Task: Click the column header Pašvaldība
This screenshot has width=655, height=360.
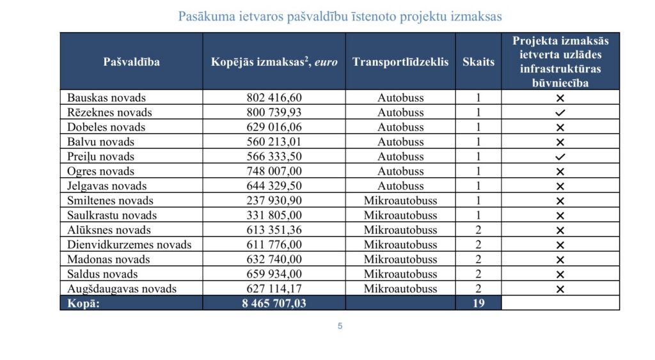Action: click(x=131, y=62)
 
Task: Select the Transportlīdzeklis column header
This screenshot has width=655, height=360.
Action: click(x=400, y=62)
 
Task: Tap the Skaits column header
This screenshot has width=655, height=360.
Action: click(x=478, y=62)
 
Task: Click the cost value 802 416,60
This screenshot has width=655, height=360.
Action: click(x=274, y=98)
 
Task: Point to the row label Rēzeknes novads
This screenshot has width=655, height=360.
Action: click(x=109, y=113)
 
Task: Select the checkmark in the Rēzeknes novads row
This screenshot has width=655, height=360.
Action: click(x=560, y=113)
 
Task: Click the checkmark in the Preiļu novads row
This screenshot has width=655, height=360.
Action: click(x=560, y=157)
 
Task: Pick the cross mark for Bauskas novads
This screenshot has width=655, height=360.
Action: click(x=560, y=98)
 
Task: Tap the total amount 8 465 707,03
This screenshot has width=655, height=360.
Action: click(x=274, y=303)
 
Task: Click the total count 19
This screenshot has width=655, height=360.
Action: click(x=478, y=303)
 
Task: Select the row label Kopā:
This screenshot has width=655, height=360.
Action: click(x=84, y=303)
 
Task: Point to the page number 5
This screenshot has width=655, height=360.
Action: click(x=340, y=326)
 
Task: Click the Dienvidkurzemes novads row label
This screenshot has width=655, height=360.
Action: click(x=129, y=244)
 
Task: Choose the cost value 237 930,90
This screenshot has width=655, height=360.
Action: click(x=274, y=201)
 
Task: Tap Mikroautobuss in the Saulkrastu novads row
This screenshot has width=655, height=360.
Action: click(x=400, y=215)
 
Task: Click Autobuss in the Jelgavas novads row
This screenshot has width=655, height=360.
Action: click(x=400, y=186)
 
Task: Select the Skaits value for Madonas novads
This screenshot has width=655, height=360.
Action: click(x=478, y=259)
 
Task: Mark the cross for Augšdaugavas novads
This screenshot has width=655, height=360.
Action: click(x=560, y=289)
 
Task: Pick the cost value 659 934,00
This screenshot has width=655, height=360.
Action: click(x=274, y=274)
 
